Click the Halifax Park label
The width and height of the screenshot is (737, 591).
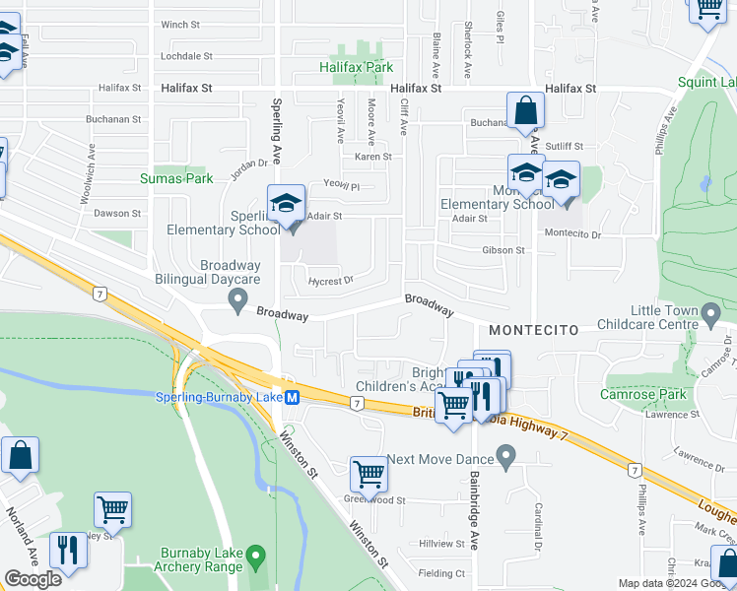pyautogui.click(x=356, y=67)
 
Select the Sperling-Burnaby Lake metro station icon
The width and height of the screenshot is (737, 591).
pyautogui.click(x=292, y=397)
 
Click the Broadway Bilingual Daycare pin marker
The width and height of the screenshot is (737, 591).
pyautogui.click(x=236, y=306)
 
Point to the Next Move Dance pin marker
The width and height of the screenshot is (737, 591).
pyautogui.click(x=506, y=457)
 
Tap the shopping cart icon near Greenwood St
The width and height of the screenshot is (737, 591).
pyautogui.click(x=368, y=474)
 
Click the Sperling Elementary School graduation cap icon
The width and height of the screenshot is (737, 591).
pyautogui.click(x=285, y=204)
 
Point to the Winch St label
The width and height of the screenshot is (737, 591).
pyautogui.click(x=180, y=25)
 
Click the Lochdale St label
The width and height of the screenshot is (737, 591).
pyautogui.click(x=186, y=56)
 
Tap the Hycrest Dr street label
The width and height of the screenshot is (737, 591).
pyautogui.click(x=330, y=281)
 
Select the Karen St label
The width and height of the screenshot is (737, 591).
pyautogui.click(x=372, y=157)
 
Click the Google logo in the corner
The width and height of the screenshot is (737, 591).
pyautogui.click(x=33, y=579)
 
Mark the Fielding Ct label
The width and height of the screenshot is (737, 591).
pyautogui.click(x=441, y=573)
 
